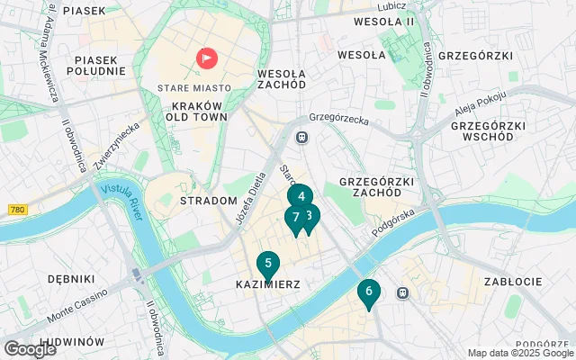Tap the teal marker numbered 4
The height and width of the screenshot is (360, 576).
[x=301, y=196]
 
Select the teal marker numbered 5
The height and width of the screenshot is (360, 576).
[x=267, y=264]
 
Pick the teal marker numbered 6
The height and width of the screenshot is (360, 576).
[x=368, y=292]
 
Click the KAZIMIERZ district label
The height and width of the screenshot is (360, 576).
[x=267, y=284]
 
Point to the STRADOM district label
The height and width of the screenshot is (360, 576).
[x=209, y=201]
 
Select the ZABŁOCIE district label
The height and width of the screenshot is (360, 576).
[x=511, y=282]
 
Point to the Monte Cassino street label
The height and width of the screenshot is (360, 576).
[x=77, y=309]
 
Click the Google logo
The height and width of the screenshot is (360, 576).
[x=30, y=349]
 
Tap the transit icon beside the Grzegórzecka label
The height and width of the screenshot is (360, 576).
[x=303, y=137]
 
